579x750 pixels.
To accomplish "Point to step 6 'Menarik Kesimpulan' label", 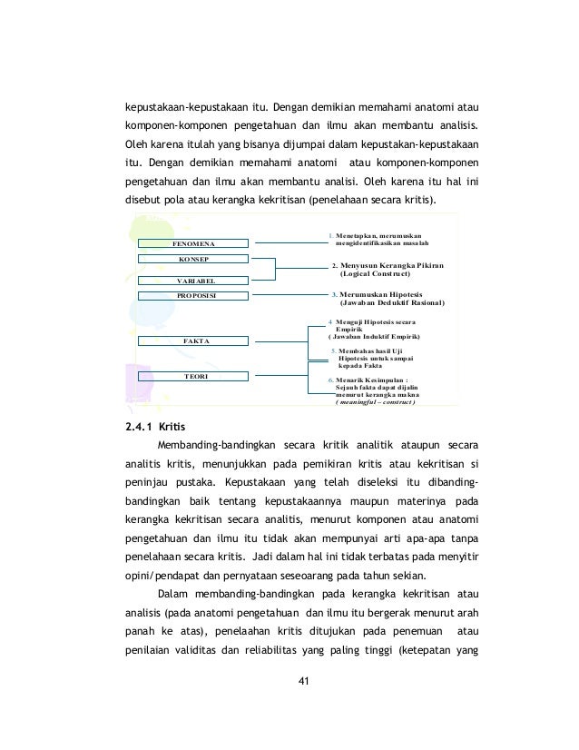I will click(x=372, y=380).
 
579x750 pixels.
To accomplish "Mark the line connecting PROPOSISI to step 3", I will click(x=286, y=295).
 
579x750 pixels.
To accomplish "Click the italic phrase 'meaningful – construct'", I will click(x=375, y=402).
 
